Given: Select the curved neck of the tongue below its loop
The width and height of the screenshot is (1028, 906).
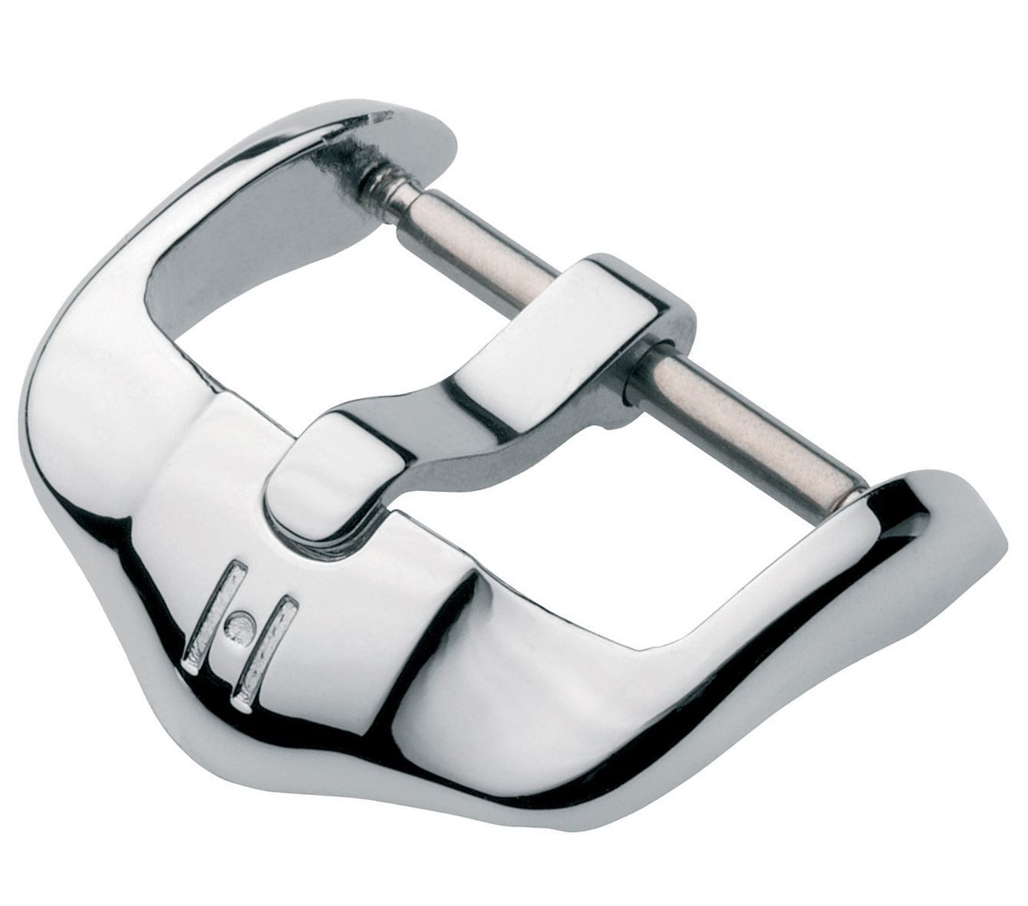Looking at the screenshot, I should pos(430,430).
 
